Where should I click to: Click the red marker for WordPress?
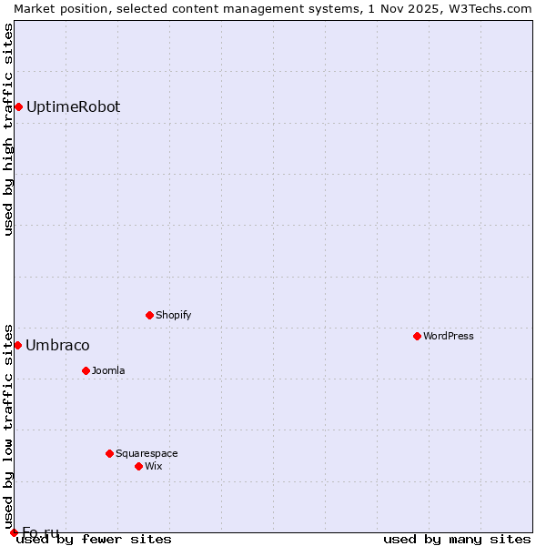[x=417, y=336]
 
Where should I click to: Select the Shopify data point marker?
[x=149, y=315]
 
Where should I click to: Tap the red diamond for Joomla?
[x=86, y=370]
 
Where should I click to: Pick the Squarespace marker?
[x=109, y=453]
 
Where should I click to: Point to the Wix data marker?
[x=138, y=466]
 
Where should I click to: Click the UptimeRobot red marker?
[x=18, y=106]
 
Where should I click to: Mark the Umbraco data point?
[x=17, y=345]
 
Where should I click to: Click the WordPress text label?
[x=449, y=336]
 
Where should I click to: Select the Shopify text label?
[x=173, y=315]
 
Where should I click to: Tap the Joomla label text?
[x=108, y=370]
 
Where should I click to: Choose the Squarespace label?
[x=147, y=453]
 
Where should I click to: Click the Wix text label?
[x=153, y=466]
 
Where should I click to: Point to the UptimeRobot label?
[x=73, y=106]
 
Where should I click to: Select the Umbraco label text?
[x=57, y=345]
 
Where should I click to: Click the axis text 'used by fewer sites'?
[x=95, y=539]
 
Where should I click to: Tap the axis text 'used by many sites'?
[x=457, y=539]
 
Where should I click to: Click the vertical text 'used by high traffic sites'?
[x=8, y=129]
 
